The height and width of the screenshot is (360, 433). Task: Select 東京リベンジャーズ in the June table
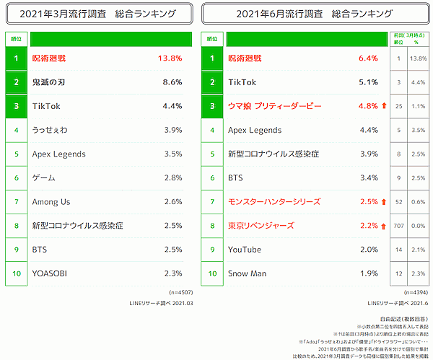(261, 226)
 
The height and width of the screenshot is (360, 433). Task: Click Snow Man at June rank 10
(248, 273)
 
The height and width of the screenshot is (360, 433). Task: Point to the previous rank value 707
(398, 226)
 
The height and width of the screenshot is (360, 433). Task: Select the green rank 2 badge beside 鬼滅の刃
(15, 83)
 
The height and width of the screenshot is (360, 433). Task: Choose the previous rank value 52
(398, 201)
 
